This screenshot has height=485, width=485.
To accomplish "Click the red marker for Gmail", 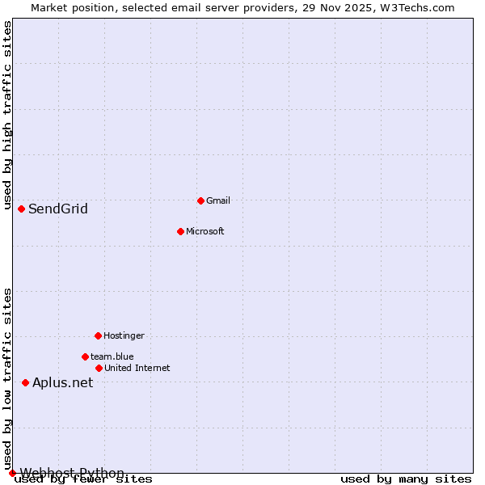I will [200, 200].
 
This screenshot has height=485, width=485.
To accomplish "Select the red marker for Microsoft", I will [180, 231].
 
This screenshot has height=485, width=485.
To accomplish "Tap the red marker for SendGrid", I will [21, 209].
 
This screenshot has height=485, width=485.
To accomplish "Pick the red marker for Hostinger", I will [98, 335].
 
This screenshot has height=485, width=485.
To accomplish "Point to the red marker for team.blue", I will [85, 356].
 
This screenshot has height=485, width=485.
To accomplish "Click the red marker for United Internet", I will [99, 368].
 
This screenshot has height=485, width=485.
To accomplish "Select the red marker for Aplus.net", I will [25, 382].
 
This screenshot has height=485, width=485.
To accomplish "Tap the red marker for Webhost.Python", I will [12, 473].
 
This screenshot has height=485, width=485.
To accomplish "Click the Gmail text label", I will [218, 200].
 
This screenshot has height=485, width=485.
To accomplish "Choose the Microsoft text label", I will [205, 231].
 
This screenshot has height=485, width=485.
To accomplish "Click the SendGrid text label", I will [58, 209].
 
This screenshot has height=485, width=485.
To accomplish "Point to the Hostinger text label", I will [124, 335].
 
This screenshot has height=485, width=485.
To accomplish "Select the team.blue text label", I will [112, 356].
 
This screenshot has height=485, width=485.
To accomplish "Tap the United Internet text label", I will [137, 368].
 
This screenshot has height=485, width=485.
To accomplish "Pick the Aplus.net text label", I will [63, 383].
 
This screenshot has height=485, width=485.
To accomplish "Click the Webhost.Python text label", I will [72, 473].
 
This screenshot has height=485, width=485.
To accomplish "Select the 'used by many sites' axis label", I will [406, 479].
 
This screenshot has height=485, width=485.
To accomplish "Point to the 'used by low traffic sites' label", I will [7, 378].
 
